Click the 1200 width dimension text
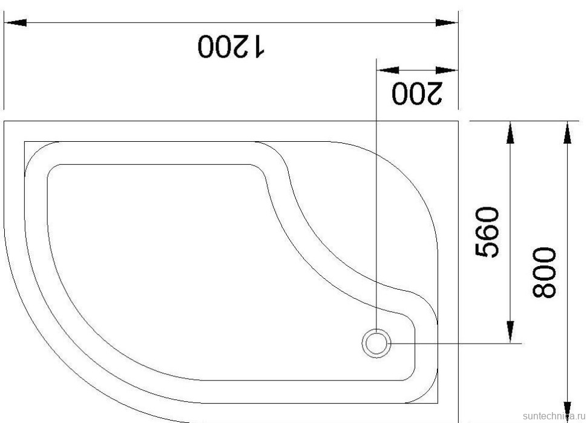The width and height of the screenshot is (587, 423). point(231,46)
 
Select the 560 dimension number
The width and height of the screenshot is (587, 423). point(488,231)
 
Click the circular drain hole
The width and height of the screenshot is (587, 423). point(377,343)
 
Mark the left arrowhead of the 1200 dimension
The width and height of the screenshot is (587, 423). point(15,22)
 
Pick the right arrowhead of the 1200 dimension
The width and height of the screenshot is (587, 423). point(447,22)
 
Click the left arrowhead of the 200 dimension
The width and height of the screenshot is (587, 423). point(386,70)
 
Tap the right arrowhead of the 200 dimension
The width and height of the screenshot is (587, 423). point(448,70)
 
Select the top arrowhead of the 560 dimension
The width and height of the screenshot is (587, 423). point(510,132)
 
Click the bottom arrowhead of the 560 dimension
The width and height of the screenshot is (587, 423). point(510,332)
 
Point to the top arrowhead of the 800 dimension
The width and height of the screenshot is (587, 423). point(567,132)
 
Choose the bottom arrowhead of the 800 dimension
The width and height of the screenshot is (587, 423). point(567,412)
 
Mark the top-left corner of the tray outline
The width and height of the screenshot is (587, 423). point(5,122)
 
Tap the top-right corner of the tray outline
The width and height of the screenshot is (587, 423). point(457,122)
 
